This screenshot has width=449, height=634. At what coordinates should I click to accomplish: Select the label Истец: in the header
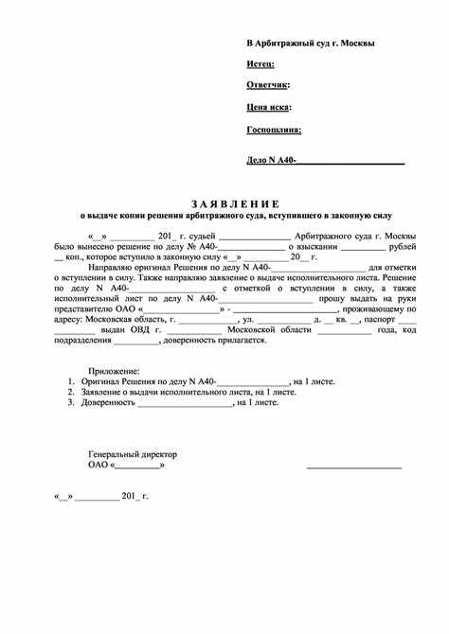click(x=260, y=63)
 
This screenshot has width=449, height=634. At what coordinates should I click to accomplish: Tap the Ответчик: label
click(x=268, y=85)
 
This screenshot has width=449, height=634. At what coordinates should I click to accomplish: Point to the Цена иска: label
click(x=269, y=108)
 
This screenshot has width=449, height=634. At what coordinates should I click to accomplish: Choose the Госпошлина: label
click(x=274, y=130)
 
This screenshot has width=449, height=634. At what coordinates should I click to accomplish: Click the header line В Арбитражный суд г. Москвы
click(x=310, y=44)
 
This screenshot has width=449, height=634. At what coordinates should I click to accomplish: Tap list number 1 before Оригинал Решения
click(x=71, y=381)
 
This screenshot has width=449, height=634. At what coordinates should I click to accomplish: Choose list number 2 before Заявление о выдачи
click(x=71, y=392)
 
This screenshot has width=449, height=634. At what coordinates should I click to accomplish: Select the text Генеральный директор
click(x=132, y=454)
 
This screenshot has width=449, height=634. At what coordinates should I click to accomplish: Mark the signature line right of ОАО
click(x=353, y=467)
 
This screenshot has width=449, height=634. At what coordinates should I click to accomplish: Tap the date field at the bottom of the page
click(x=100, y=496)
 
